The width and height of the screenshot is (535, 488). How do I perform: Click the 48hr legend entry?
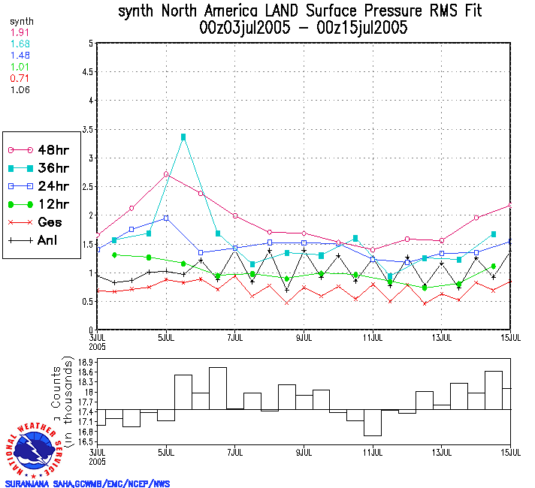(43, 149)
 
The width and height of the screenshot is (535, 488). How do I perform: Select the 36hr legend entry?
(43, 167)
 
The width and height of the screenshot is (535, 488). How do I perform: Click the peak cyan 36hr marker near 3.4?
(183, 137)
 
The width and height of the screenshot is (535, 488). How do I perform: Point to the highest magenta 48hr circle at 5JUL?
(166, 174)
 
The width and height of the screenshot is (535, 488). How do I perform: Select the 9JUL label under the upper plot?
(304, 337)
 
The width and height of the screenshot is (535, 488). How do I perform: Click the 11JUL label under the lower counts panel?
(373, 453)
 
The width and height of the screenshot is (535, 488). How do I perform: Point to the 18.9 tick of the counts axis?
(84, 363)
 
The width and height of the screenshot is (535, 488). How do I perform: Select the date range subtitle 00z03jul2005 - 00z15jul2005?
(304, 29)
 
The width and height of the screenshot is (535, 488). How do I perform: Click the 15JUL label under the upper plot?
(511, 337)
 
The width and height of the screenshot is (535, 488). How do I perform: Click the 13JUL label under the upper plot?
(443, 337)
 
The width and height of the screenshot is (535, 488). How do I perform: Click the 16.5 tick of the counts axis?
(84, 442)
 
